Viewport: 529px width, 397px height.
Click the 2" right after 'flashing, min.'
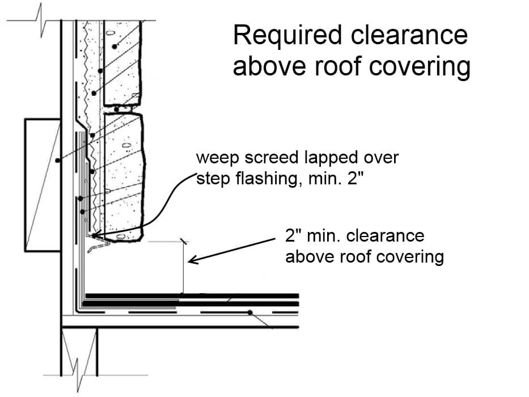[x=357, y=178]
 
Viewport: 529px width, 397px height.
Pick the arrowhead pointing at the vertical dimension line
[x=193, y=260]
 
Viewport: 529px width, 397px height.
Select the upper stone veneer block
[x=122, y=63]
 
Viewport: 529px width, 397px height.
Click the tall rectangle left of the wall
[x=43, y=185]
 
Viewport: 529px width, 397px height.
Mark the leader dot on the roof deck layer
[x=250, y=312]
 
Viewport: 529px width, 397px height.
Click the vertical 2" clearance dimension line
[x=184, y=267]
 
